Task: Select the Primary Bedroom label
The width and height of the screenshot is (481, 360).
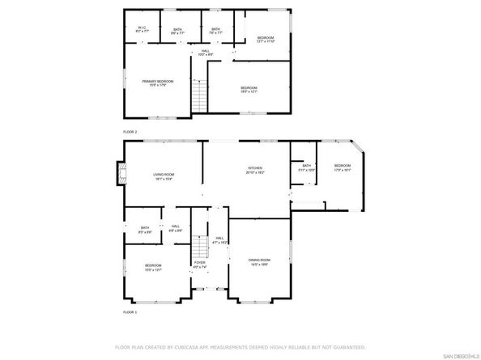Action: coord(158,83)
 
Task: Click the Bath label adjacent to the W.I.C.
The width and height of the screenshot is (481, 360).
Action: coord(177,31)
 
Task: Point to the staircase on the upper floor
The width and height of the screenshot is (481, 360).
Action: coord(198,97)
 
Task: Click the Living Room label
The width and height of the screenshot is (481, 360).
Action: coord(164,176)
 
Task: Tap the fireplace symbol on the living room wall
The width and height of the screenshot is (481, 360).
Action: coord(122,172)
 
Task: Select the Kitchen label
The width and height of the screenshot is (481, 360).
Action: coord(256,170)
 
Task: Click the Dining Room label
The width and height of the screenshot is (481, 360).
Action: coord(259,261)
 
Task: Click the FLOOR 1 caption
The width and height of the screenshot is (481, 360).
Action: coord(130,311)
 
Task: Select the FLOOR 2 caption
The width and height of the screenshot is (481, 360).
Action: coord(130,131)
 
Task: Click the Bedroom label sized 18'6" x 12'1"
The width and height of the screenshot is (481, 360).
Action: coord(249,89)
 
